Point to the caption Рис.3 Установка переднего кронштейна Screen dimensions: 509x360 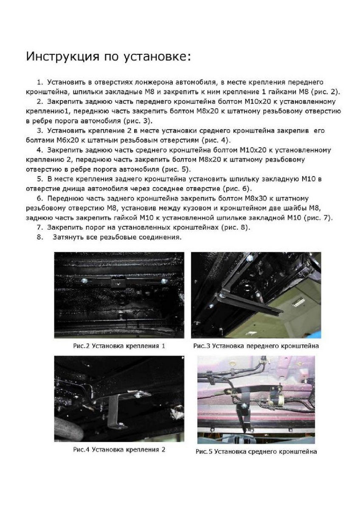pyautogui.click(x=256, y=346)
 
